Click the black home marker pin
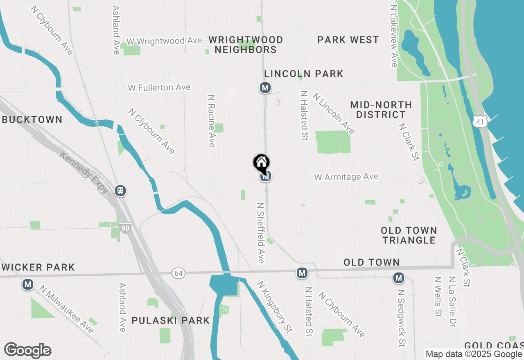pyautogui.click(x=261, y=163)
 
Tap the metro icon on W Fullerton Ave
pyautogui.click(x=265, y=88)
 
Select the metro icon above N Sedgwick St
pyautogui.click(x=398, y=278)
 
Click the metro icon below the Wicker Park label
pyautogui.click(x=28, y=284)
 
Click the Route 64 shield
pyautogui.click(x=178, y=273)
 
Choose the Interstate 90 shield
pyautogui.click(x=126, y=228)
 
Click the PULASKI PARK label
pyautogui.click(x=170, y=320)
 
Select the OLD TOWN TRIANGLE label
pyautogui.click(x=409, y=235)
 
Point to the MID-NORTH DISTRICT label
pyautogui.click(x=380, y=110)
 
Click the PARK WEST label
pyautogui.click(x=348, y=40)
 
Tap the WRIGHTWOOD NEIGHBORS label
pyautogui.click(x=246, y=45)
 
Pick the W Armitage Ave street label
pyautogui.click(x=346, y=177)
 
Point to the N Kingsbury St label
pyautogui.click(x=274, y=306)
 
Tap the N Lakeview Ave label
pyautogui.click(x=394, y=36)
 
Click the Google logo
pyautogui.click(x=28, y=351)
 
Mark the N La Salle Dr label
pyautogui.click(x=452, y=297)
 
